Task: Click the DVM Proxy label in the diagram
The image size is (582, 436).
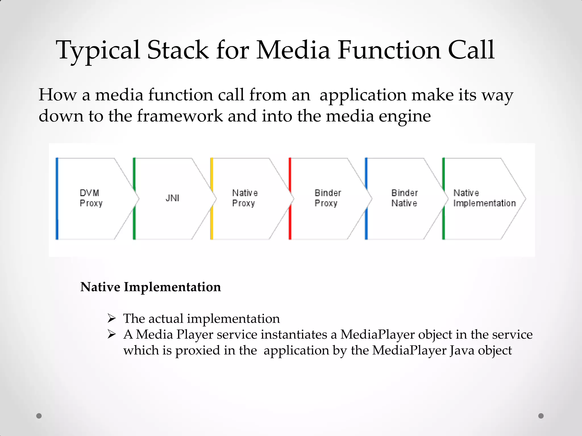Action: point(91,198)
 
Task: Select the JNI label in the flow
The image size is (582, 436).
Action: point(172,198)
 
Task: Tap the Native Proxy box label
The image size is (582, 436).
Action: point(245,198)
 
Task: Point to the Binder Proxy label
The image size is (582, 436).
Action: point(327,198)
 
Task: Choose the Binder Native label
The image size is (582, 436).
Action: point(404,198)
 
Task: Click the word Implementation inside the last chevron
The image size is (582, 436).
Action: point(484,204)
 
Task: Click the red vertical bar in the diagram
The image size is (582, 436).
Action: point(290,199)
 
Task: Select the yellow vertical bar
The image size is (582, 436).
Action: point(212,199)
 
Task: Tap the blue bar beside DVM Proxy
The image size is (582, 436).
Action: point(57,199)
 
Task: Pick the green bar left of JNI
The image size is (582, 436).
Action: point(134,199)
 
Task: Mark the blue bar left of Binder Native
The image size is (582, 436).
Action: point(366,199)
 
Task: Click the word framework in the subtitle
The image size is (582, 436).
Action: point(180,116)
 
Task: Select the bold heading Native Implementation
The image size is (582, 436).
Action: point(151,287)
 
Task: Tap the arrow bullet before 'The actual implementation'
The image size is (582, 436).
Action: point(112,318)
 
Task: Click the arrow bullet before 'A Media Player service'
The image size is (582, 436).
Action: point(112,334)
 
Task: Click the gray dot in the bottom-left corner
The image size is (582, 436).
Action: point(39,416)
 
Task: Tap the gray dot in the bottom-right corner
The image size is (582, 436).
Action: point(541,416)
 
